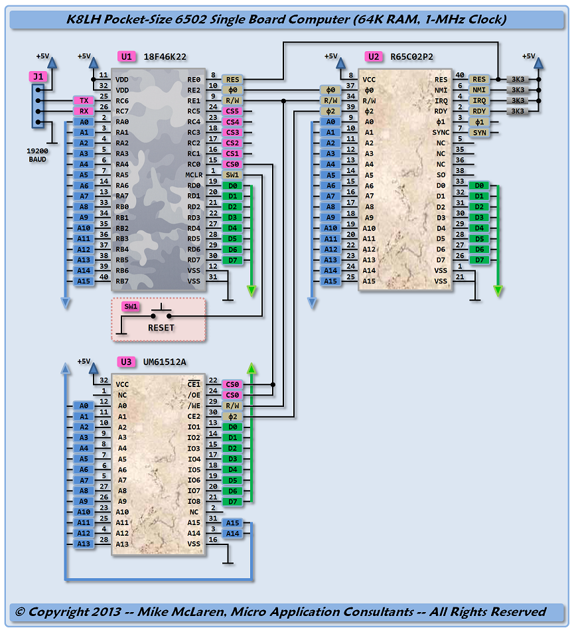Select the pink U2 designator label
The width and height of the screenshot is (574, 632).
point(374,56)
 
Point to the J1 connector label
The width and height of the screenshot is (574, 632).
point(38,76)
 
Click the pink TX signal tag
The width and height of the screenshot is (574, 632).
point(84,100)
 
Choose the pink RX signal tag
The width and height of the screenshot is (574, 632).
point(84,111)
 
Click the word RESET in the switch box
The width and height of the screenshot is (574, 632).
point(161,328)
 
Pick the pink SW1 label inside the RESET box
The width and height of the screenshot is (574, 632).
point(131,306)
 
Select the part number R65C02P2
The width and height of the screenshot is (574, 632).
point(411,56)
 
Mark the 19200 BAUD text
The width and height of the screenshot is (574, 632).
point(38,156)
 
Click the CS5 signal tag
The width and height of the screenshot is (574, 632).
point(232,111)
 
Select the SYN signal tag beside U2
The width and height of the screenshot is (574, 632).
point(479,133)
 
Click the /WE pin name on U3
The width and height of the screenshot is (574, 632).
point(194,406)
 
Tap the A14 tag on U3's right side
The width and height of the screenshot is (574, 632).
point(232,533)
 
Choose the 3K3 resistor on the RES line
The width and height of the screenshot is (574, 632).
point(518,80)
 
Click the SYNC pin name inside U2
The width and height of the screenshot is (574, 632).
point(441,133)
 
